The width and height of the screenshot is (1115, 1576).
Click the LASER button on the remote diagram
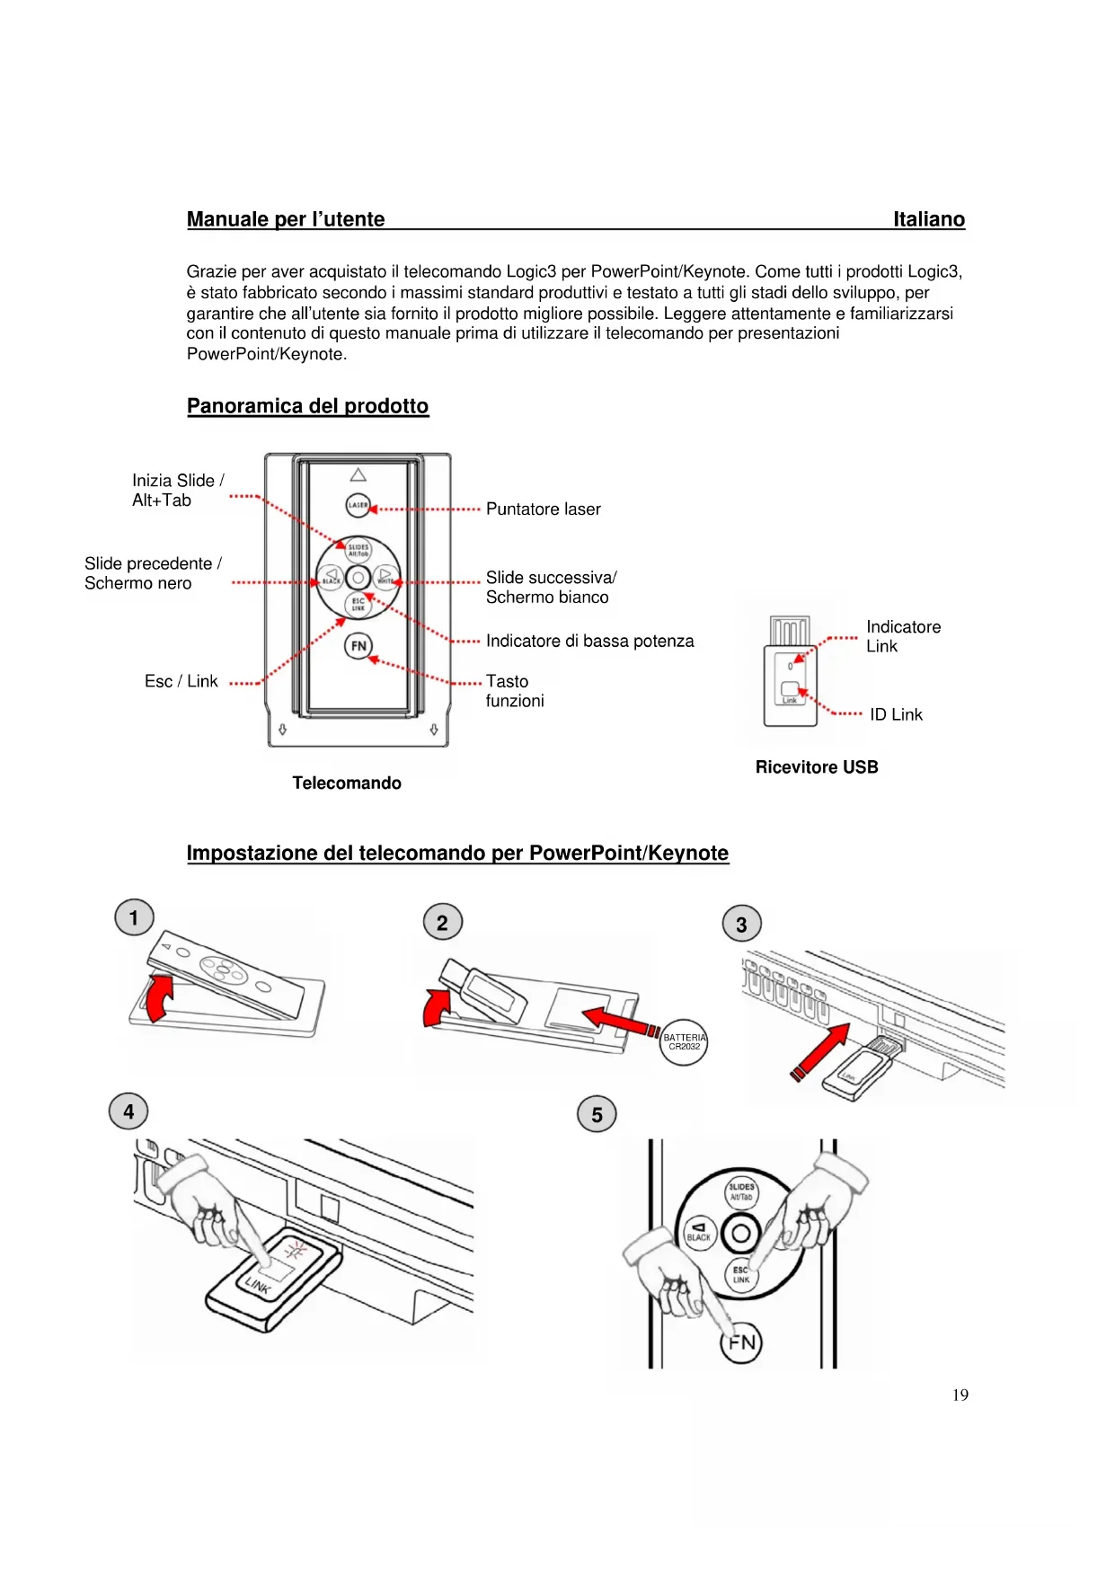pyautogui.click(x=358, y=505)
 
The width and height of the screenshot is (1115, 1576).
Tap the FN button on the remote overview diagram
pyautogui.click(x=358, y=646)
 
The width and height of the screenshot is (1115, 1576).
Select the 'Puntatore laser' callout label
pyautogui.click(x=543, y=509)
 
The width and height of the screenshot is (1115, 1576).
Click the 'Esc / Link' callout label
pyautogui.click(x=181, y=682)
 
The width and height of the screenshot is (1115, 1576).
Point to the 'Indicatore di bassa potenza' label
pyautogui.click(x=589, y=642)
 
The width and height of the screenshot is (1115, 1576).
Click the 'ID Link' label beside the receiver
pyautogui.click(x=896, y=715)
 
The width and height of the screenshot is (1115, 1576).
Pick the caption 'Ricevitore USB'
pyautogui.click(x=816, y=767)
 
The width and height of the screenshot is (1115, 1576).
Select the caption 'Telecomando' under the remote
pyautogui.click(x=347, y=784)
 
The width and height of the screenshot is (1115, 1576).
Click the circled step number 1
pyautogui.click(x=134, y=918)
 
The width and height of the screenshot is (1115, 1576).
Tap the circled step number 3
pyautogui.click(x=741, y=925)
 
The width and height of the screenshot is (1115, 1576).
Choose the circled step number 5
pyautogui.click(x=597, y=1115)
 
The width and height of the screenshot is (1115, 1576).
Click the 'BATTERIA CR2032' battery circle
pyautogui.click(x=685, y=1042)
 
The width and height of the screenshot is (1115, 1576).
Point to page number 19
pyautogui.click(x=960, y=1395)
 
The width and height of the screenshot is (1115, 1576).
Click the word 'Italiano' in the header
pyautogui.click(x=928, y=220)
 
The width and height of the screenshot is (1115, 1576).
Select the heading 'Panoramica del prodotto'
pyautogui.click(x=307, y=406)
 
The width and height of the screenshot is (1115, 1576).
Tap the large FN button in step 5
pyautogui.click(x=741, y=1343)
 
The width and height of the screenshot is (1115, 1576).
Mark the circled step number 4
pyautogui.click(x=128, y=1112)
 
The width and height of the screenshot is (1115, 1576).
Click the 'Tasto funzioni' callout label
pyautogui.click(x=515, y=691)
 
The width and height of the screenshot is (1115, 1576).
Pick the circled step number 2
pyautogui.click(x=442, y=923)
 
